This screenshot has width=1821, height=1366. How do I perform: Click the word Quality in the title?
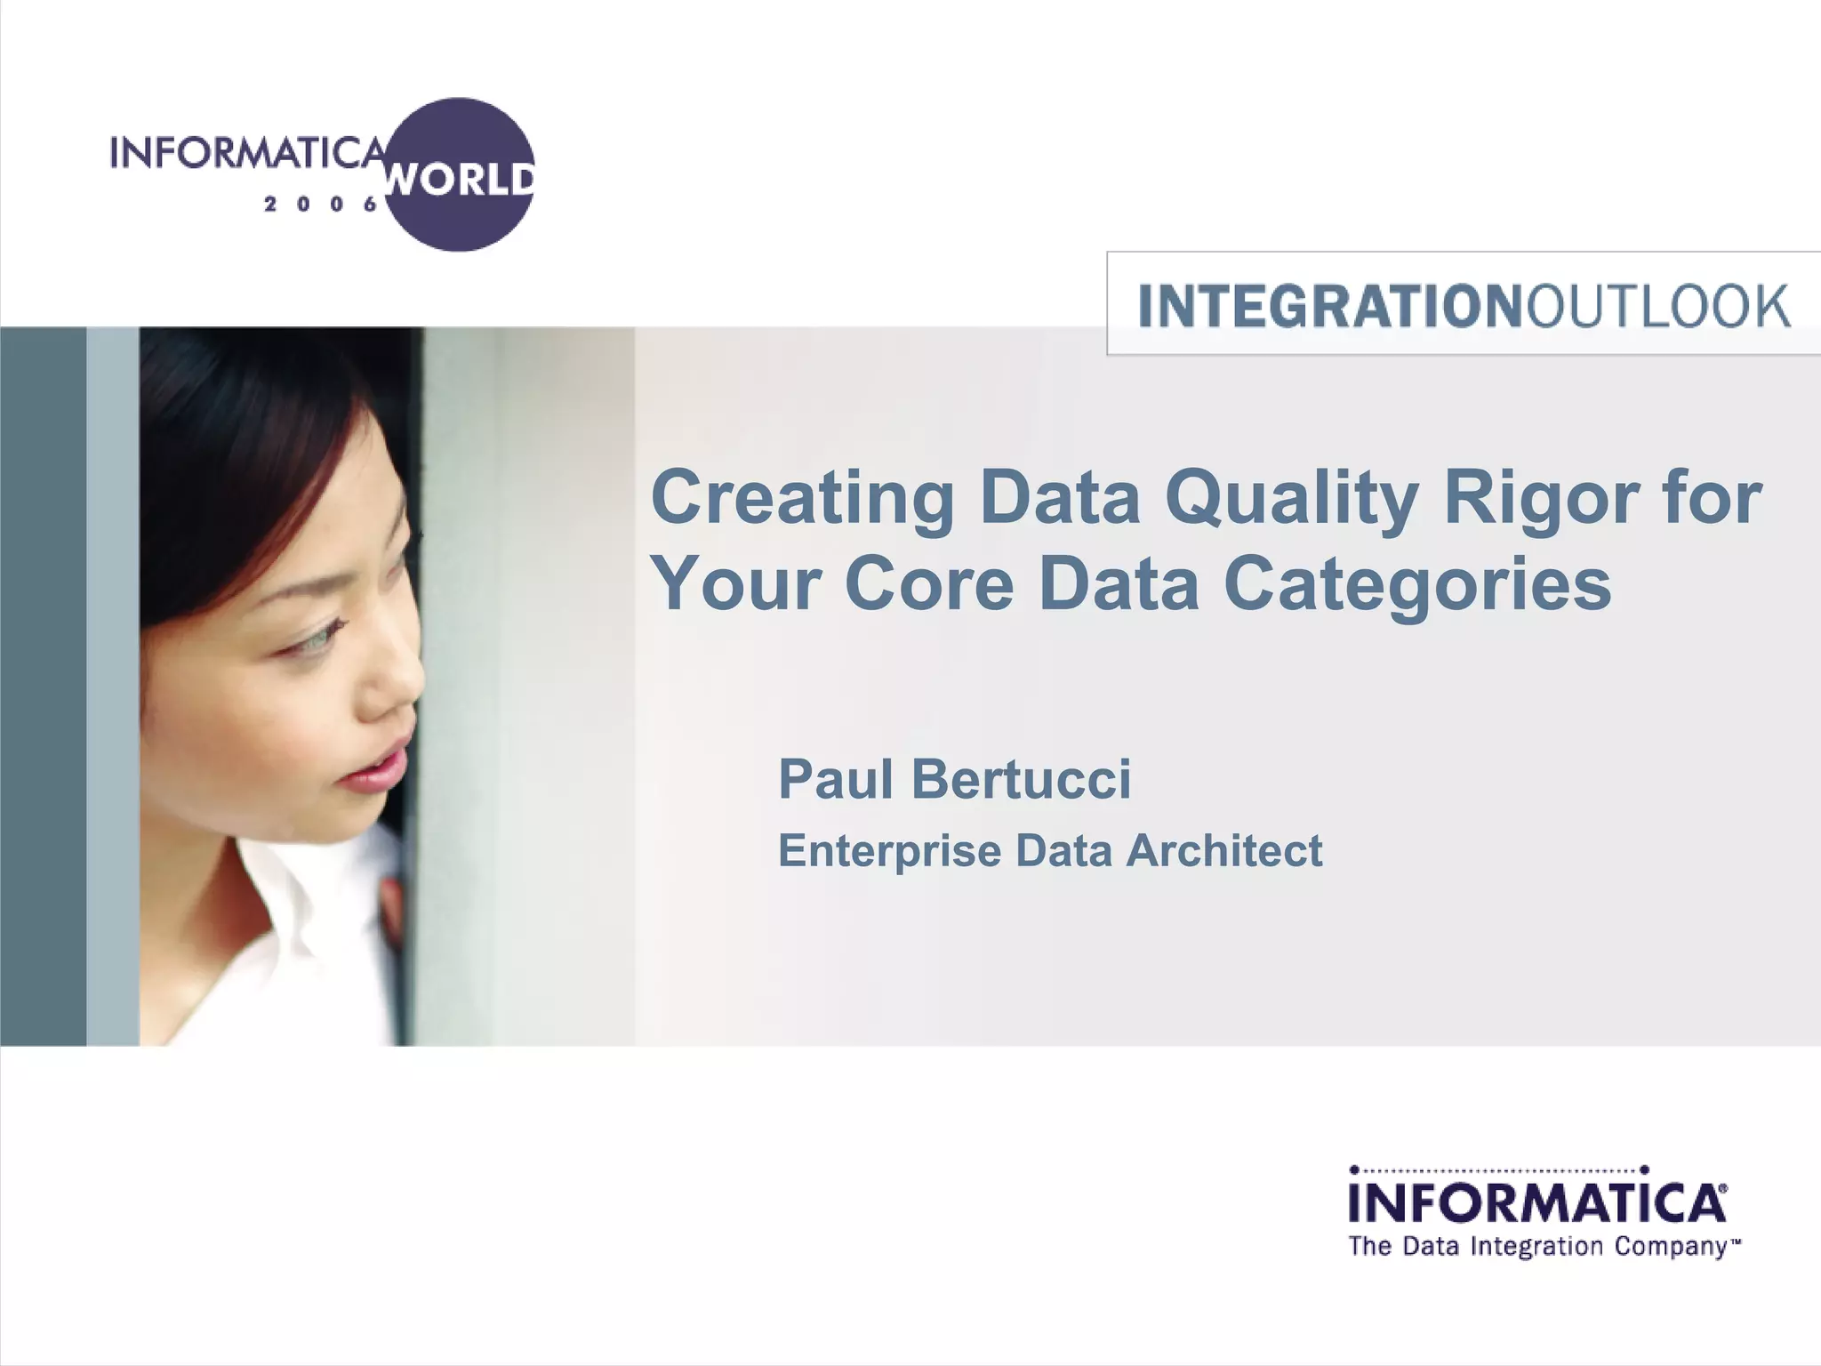[1291, 499]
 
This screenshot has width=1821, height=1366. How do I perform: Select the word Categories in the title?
[1417, 585]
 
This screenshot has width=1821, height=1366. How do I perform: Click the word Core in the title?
[929, 585]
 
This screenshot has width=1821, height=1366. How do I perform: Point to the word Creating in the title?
[802, 499]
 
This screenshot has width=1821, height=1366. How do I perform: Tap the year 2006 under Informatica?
[321, 205]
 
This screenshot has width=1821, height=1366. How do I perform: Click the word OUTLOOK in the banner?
[1657, 306]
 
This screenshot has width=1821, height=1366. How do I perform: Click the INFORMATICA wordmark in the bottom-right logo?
[1536, 1202]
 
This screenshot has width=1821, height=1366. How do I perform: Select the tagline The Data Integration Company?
[1544, 1247]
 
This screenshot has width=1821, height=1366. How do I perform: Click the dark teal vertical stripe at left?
[43, 685]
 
